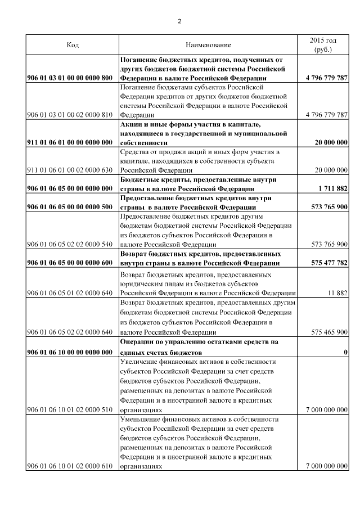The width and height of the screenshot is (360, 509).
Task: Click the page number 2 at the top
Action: click(179, 21)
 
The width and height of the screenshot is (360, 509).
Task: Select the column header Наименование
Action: click(208, 44)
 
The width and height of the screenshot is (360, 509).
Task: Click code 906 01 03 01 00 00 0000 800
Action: click(73, 78)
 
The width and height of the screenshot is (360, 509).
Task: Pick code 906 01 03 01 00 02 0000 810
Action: click(73, 115)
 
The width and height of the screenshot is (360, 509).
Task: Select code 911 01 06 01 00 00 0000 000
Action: click(73, 143)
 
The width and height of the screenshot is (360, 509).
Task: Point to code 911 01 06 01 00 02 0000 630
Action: click(73, 170)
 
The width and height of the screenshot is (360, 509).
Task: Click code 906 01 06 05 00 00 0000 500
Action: click(73, 207)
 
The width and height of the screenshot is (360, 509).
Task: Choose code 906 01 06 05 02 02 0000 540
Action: click(73, 244)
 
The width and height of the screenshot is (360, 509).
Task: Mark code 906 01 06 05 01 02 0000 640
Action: click(73, 293)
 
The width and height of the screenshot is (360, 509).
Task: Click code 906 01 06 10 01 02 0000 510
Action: click(73, 411)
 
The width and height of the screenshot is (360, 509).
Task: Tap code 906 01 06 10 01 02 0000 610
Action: click(73, 466)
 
